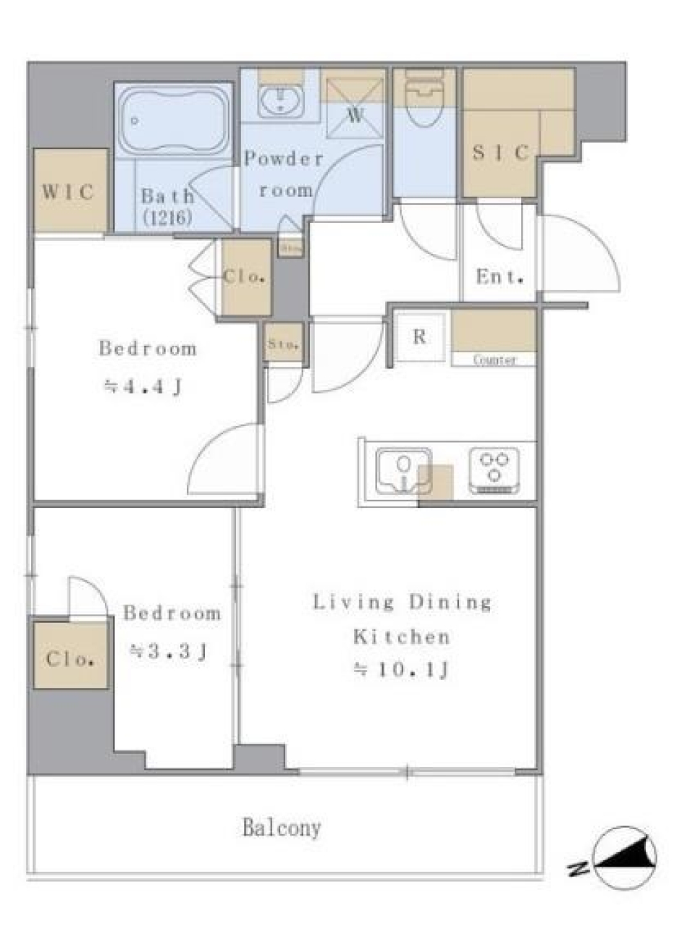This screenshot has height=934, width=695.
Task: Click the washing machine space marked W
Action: [355, 107]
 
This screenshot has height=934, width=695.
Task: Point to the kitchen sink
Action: [403, 470]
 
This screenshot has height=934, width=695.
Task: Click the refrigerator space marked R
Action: [419, 336]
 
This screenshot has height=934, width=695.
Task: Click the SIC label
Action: [501, 153]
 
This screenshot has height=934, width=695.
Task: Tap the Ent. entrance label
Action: [500, 276]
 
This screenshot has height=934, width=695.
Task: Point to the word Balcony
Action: [282, 828]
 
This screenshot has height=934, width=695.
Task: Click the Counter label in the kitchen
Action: [495, 360]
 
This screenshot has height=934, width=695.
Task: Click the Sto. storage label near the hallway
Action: [283, 344]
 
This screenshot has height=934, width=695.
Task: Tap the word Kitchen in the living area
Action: [401, 637]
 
